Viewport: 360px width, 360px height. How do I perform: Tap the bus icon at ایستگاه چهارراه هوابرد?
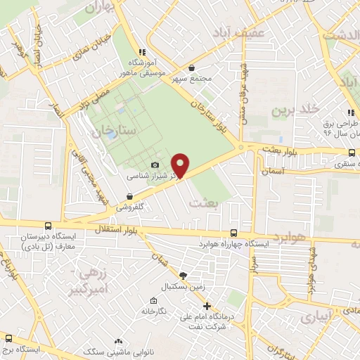click(234, 233)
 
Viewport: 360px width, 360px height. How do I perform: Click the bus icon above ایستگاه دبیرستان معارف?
click(48, 226)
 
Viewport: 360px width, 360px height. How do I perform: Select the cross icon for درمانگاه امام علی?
click(207, 306)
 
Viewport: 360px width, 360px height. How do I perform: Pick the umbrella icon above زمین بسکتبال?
click(183, 276)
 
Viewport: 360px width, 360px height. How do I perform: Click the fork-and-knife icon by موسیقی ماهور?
click(142, 51)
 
